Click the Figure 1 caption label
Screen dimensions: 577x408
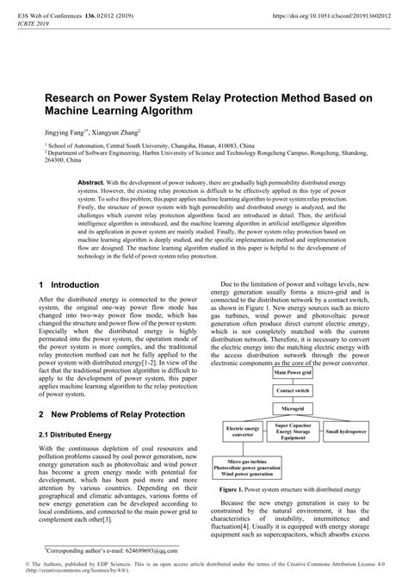pyautogui.click(x=235, y=488)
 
